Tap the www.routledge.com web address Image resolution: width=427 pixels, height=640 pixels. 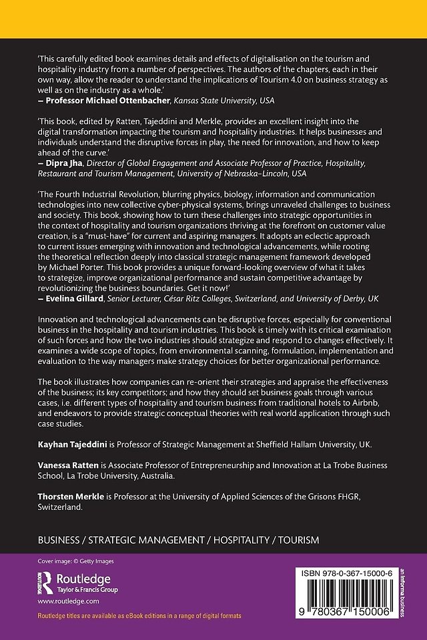[x=63, y=601]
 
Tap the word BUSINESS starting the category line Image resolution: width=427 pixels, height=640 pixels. [x=63, y=539]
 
